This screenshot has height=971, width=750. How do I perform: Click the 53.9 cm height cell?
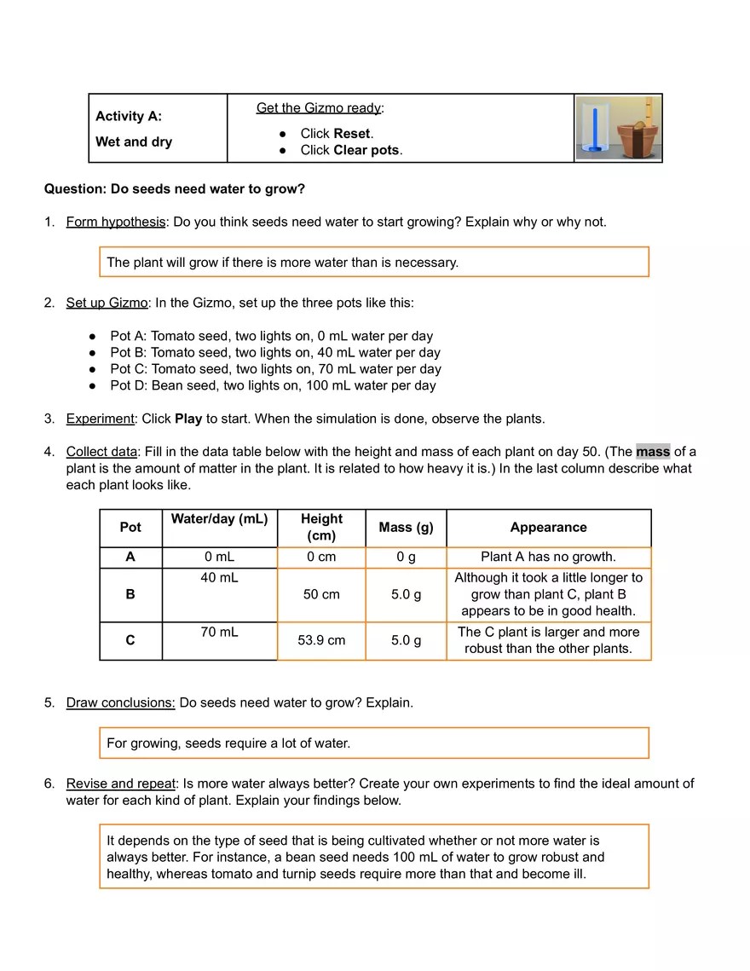pos(321,640)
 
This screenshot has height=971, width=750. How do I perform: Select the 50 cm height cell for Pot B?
pos(321,594)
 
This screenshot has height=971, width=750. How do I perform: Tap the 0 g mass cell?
pos(406,557)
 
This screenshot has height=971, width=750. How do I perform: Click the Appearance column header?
pos(548,528)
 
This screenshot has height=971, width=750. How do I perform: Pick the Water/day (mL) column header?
pos(219,519)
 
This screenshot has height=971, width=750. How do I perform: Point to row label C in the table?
pos(130,640)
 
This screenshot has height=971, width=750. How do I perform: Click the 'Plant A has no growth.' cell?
pos(548,557)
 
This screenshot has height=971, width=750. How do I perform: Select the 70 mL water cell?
pos(219,633)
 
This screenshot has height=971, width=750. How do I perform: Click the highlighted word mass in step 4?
pos(653,452)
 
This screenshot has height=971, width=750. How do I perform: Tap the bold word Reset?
pos(352,134)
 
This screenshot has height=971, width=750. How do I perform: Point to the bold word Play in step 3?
pos(188,419)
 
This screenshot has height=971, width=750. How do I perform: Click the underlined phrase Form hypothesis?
pos(116,222)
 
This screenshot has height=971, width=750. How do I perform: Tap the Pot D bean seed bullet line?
pos(273,385)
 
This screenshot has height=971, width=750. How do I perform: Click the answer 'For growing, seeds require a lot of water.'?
pos(228,743)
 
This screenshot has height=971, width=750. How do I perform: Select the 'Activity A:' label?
pos(129,116)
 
